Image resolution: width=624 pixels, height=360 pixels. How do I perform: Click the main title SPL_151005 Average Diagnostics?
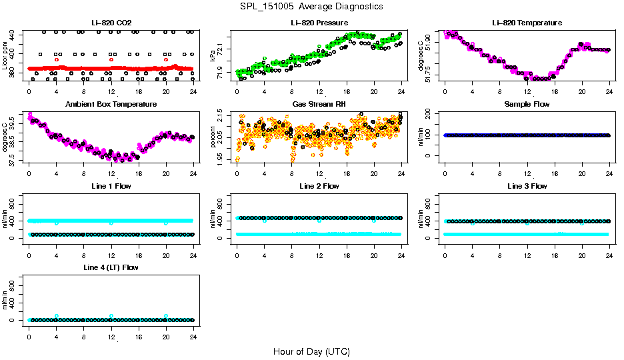312,7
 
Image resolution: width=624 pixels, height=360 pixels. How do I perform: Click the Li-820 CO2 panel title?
111,23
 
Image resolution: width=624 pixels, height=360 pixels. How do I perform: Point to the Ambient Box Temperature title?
111,105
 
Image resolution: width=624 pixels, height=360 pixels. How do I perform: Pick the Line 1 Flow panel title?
111,186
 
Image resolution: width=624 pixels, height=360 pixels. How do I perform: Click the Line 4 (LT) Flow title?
111,267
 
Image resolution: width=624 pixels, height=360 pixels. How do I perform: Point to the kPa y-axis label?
213,56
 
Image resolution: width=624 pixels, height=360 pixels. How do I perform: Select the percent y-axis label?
213,137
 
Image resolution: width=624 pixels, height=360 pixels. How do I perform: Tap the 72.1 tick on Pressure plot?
223,49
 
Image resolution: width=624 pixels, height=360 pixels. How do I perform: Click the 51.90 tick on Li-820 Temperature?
431,42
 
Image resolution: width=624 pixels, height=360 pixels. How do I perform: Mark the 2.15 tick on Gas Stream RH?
223,118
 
